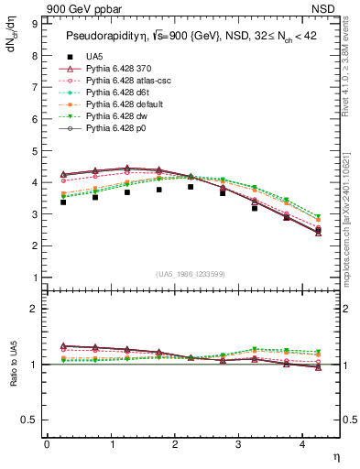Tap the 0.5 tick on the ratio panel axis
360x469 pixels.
31,420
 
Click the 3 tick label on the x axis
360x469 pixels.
238,444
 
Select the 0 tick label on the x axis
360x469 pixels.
46,444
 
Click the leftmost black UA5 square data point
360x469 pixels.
62,202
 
